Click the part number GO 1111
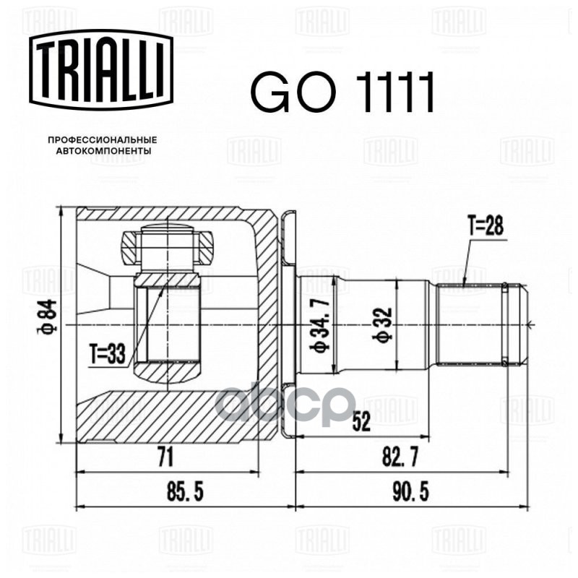click(342, 92)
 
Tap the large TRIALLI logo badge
click(101, 70)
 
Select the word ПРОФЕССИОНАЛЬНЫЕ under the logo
click(103, 140)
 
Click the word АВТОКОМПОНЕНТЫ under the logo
click(103, 151)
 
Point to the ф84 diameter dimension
click(47, 316)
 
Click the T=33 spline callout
click(107, 354)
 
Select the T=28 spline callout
click(486, 225)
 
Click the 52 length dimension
click(361, 422)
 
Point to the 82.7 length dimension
click(400, 458)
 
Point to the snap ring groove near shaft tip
click(504, 324)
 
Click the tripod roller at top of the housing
click(167, 247)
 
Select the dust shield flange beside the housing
click(288, 324)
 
